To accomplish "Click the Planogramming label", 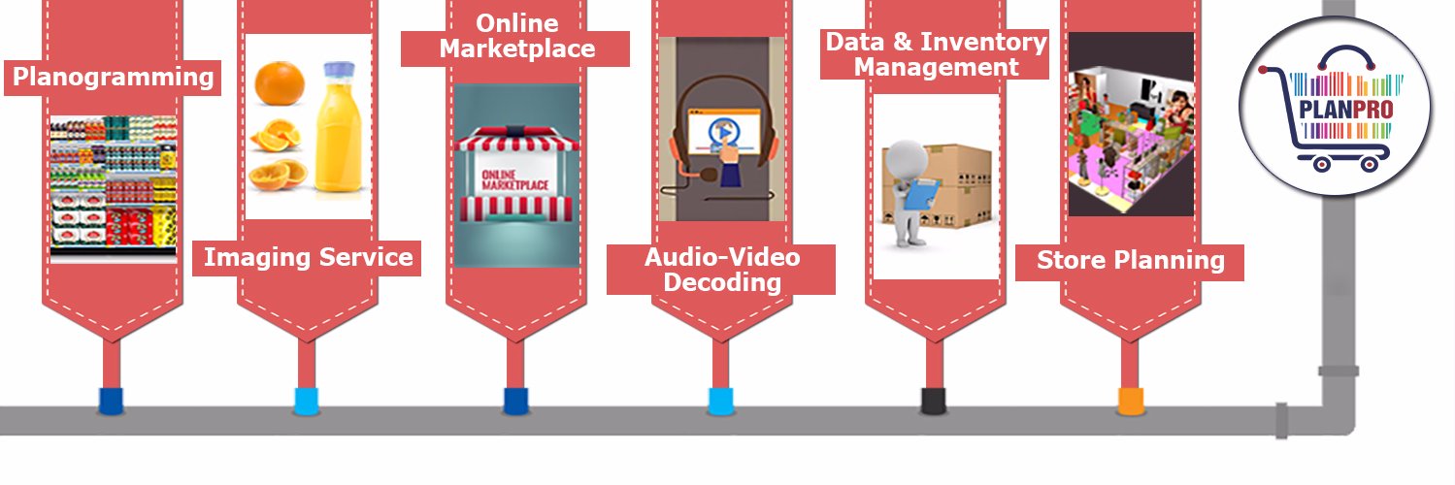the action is pyautogui.click(x=113, y=78).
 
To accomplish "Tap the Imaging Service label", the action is pyautogui.click(x=308, y=257).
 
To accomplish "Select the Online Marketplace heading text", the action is pyautogui.click(x=517, y=36).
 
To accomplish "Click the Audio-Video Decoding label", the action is pyautogui.click(x=721, y=270).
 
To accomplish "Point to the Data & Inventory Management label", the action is pyautogui.click(x=936, y=54).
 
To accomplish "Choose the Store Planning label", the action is pyautogui.click(x=1130, y=260).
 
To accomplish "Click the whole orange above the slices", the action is pyautogui.click(x=280, y=82).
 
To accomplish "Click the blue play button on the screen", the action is pyautogui.click(x=723, y=132).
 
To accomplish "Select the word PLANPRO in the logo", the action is pyautogui.click(x=1346, y=109).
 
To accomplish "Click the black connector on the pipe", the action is pyautogui.click(x=934, y=400).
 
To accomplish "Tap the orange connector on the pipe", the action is pyautogui.click(x=1130, y=401).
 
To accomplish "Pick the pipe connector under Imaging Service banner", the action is pyautogui.click(x=307, y=401).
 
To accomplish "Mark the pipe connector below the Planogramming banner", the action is pyautogui.click(x=111, y=401).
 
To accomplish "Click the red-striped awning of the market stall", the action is pyautogui.click(x=517, y=140).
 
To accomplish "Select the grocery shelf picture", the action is pyautogui.click(x=113, y=189).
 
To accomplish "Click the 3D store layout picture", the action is pyautogui.click(x=1131, y=124).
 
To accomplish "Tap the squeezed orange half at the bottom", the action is pyautogui.click(x=278, y=176).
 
